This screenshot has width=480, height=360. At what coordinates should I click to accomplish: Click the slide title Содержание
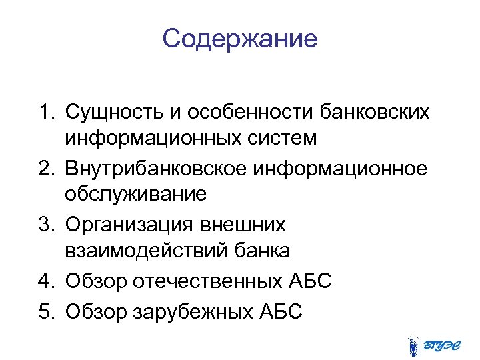pos(239,39)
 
